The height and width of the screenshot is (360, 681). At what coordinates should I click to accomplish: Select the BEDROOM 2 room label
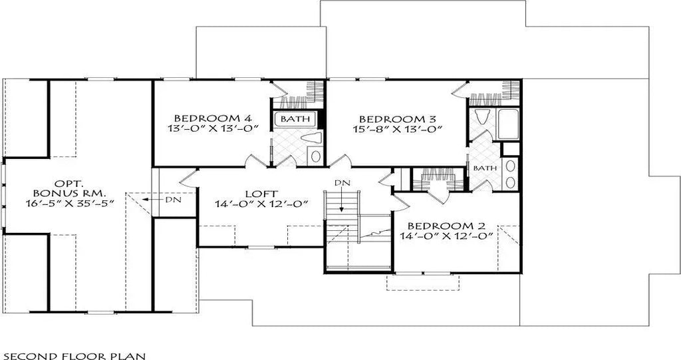[446, 225]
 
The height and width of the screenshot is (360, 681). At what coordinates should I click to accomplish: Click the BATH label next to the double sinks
[485, 168]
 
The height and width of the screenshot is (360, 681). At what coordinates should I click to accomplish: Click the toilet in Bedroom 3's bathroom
[481, 118]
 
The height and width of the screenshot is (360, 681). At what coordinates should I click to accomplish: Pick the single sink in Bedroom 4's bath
[315, 156]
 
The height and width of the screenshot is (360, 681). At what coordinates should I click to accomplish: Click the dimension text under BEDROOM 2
[446, 236]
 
